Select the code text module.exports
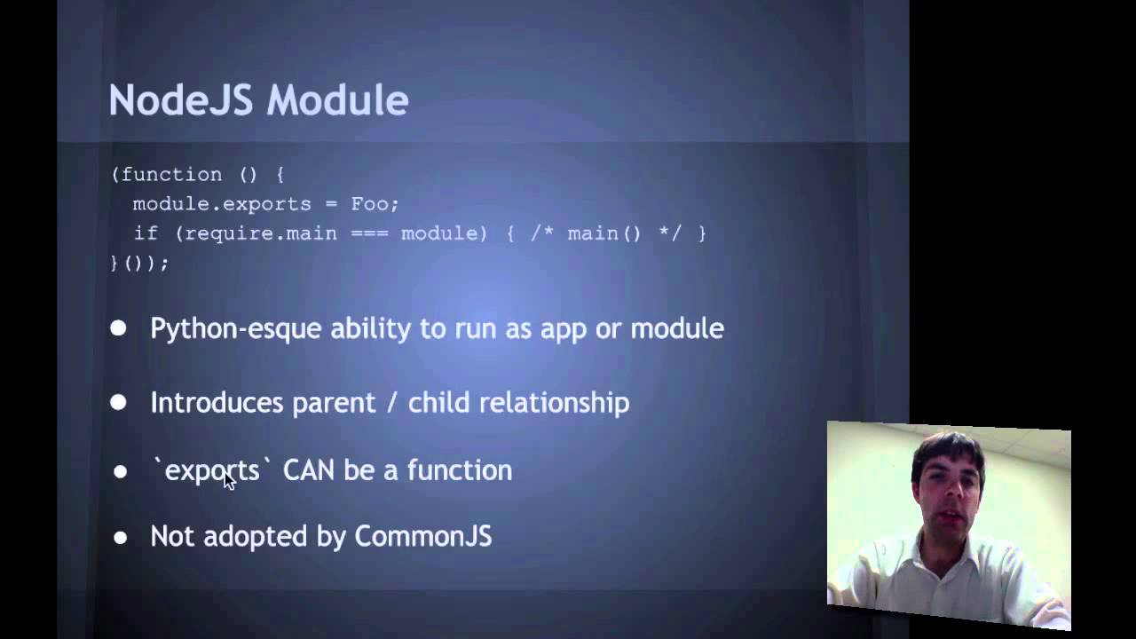222,204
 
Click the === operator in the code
368,233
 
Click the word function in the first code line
171,175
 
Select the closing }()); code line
139,263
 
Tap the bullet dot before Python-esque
118,328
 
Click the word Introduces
217,403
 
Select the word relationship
554,404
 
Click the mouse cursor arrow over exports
228,480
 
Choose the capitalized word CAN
308,470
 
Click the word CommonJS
422,537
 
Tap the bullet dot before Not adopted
120,538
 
